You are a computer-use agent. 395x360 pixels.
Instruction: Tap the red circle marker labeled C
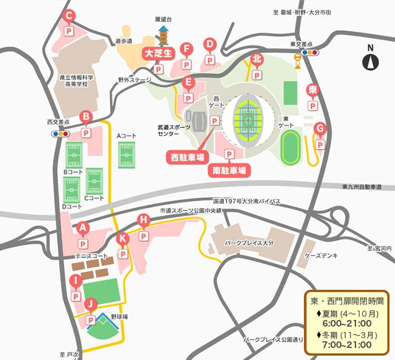click(70, 16)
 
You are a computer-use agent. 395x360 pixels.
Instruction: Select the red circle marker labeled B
click(86, 116)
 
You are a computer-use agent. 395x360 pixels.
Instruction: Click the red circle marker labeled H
click(143, 220)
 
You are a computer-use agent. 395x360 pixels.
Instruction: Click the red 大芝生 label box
click(158, 54)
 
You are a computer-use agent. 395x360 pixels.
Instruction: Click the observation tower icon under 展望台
click(163, 36)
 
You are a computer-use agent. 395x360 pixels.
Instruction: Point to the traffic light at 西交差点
click(59, 133)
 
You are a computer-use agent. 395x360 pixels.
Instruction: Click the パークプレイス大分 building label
click(248, 242)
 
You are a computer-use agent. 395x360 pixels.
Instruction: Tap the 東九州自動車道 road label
click(361, 187)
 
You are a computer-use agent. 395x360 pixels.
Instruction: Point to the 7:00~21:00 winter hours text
click(347, 345)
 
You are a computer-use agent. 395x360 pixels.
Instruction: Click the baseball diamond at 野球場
click(103, 329)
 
